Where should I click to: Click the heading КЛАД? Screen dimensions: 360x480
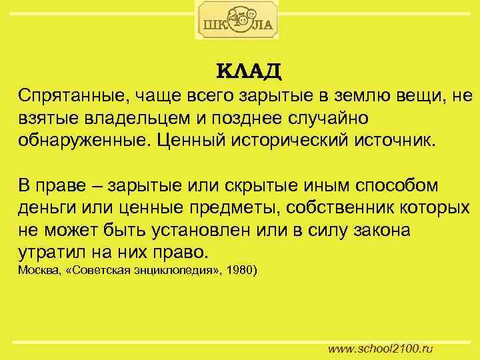click(249, 70)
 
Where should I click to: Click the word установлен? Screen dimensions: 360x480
click(188, 229)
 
